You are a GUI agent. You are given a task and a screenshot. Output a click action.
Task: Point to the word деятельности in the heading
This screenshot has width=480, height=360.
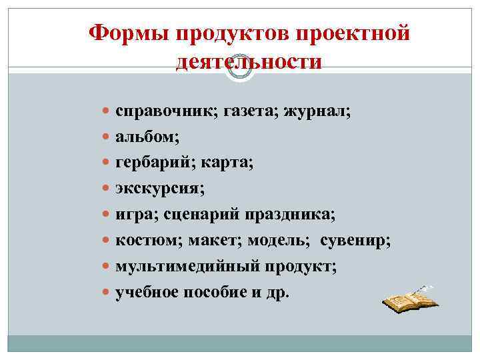[x=249, y=62]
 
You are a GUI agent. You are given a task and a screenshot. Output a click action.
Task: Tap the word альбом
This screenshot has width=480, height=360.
[x=145, y=137]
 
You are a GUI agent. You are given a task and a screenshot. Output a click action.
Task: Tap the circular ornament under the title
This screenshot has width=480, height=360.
[x=241, y=68]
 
